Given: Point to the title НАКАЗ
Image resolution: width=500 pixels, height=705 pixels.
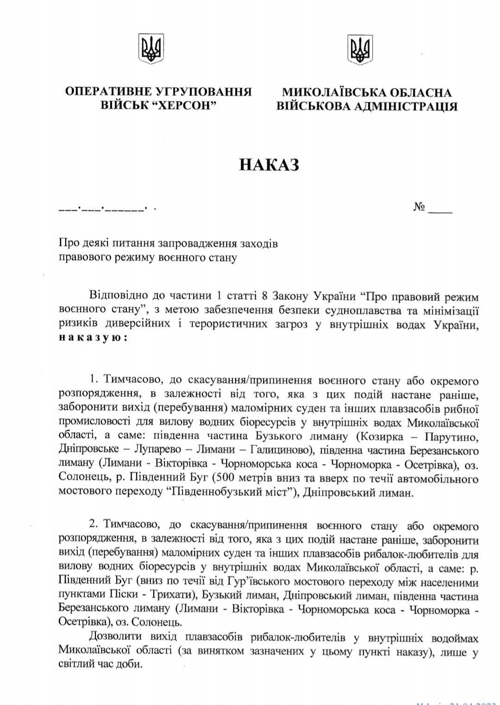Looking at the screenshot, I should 269,164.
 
